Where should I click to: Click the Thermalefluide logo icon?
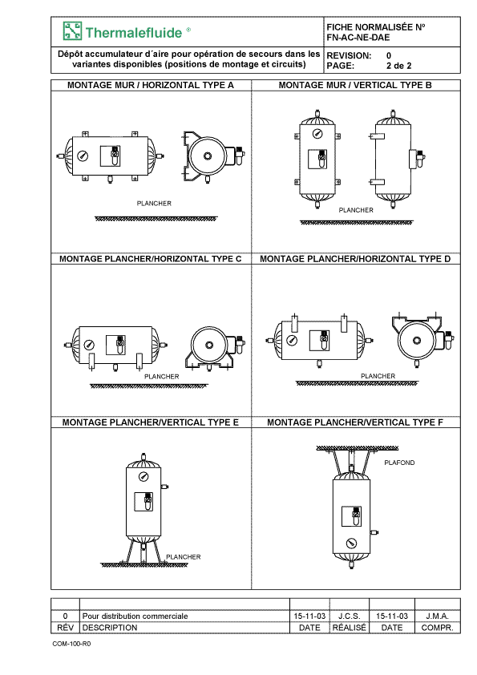72,31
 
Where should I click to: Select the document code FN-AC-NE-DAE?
358,38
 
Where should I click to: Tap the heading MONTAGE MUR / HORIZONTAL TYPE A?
151,85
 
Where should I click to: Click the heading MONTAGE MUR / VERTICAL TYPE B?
355,85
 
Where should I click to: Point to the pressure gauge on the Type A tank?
83,156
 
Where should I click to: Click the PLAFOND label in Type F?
399,463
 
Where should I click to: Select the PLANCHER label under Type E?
184,557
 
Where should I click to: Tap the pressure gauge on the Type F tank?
352,543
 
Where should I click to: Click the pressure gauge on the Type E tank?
144,476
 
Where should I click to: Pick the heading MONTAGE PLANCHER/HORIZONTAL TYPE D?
355,259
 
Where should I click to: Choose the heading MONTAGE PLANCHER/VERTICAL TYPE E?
150,422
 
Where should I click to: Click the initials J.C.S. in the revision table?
350,616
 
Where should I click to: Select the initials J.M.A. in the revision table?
438,616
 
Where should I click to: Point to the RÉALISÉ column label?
350,628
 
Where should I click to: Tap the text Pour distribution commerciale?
135,616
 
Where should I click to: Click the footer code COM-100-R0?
71,644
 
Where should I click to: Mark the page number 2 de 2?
399,66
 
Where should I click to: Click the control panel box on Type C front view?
115,345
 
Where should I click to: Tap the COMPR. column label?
438,628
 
